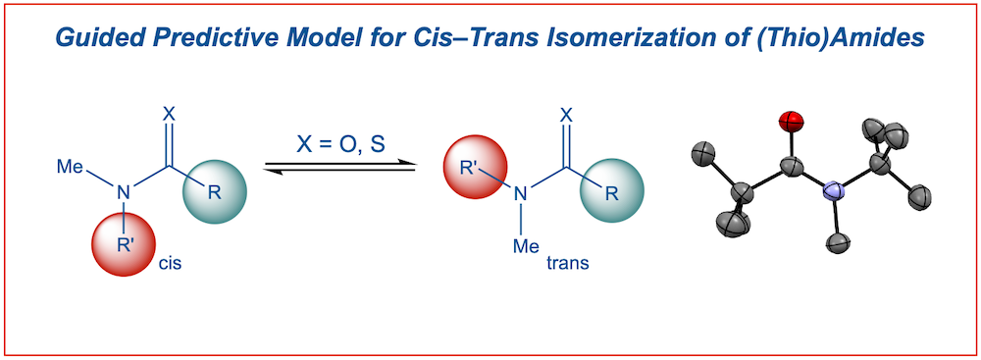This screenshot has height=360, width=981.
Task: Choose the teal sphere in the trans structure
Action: point(607,191)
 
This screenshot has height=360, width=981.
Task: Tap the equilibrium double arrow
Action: point(339,168)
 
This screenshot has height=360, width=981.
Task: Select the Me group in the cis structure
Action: point(70,167)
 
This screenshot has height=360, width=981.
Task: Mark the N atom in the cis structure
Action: point(125,193)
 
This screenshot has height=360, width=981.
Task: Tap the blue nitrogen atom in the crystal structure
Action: point(833,191)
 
